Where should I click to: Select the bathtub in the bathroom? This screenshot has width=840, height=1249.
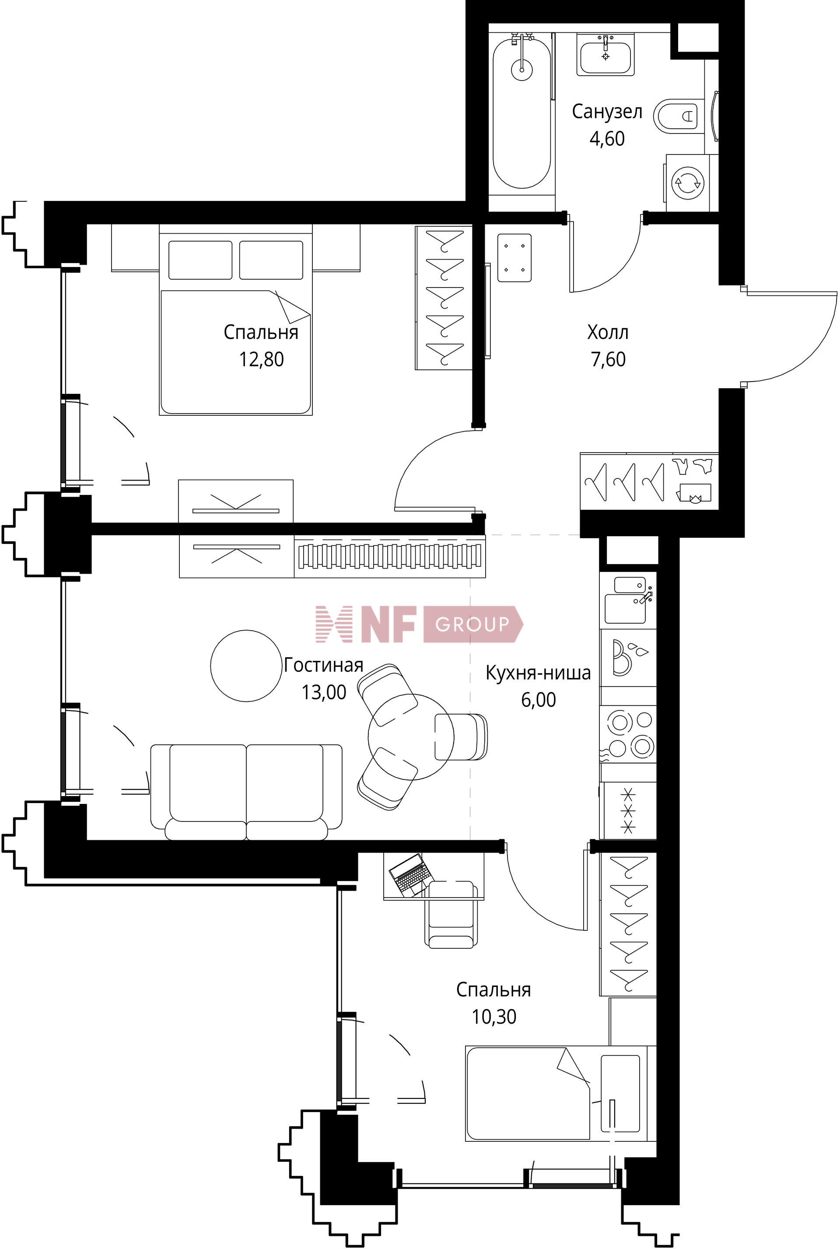521,112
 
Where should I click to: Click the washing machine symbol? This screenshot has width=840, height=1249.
687,183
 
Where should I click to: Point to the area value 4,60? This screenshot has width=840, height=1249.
607,139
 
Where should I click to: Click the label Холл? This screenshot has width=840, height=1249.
608,332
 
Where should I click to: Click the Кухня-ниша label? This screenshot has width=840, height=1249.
538,673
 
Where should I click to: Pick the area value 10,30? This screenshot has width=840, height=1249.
494,1017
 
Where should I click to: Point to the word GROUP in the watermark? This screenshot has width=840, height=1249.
472,624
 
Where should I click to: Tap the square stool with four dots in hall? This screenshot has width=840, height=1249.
514,258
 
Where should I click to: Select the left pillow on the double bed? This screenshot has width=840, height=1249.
200,260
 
